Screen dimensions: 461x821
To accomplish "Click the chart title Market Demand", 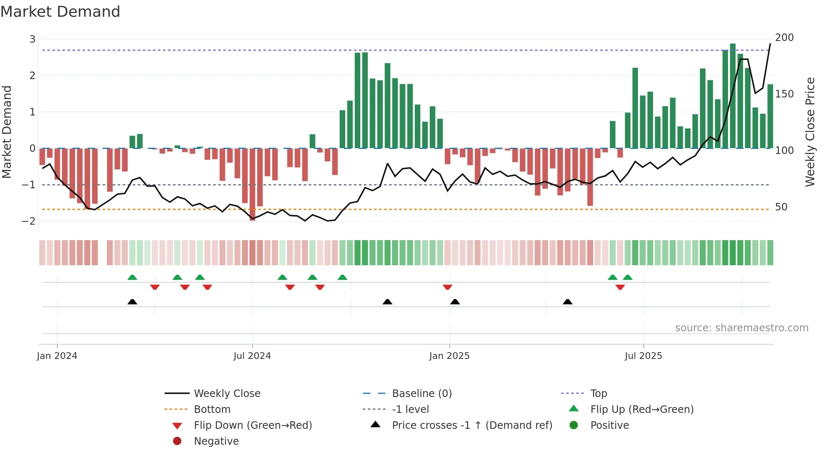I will click(60, 12).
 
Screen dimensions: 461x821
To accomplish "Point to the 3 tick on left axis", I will click(32, 39).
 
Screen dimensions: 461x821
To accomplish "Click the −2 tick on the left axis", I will click(29, 221).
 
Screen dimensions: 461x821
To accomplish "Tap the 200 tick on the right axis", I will click(784, 38).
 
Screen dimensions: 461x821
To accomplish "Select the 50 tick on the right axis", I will click(781, 207).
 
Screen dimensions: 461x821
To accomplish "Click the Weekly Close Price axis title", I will click(810, 132).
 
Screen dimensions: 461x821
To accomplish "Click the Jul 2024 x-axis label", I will click(252, 356).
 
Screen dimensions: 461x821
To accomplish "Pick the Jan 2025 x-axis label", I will click(449, 356).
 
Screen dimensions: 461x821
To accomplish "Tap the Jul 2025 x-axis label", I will click(643, 356).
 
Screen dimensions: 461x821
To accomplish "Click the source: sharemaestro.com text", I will click(741, 328).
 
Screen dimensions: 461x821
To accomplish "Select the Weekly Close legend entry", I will click(227, 394).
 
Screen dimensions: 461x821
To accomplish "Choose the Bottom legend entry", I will click(212, 410).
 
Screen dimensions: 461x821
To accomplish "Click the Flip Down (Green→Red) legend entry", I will click(253, 425).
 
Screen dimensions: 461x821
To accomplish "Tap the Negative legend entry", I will click(216, 441).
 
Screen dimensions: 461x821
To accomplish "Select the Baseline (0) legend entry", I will click(421, 394).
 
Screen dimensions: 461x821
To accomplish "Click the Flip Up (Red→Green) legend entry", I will click(642, 410).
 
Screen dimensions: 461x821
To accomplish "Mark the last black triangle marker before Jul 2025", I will click(568, 302).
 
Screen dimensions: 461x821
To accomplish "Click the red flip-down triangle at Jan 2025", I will click(447, 287).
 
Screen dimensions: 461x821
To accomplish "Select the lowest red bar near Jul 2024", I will click(252, 184).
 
